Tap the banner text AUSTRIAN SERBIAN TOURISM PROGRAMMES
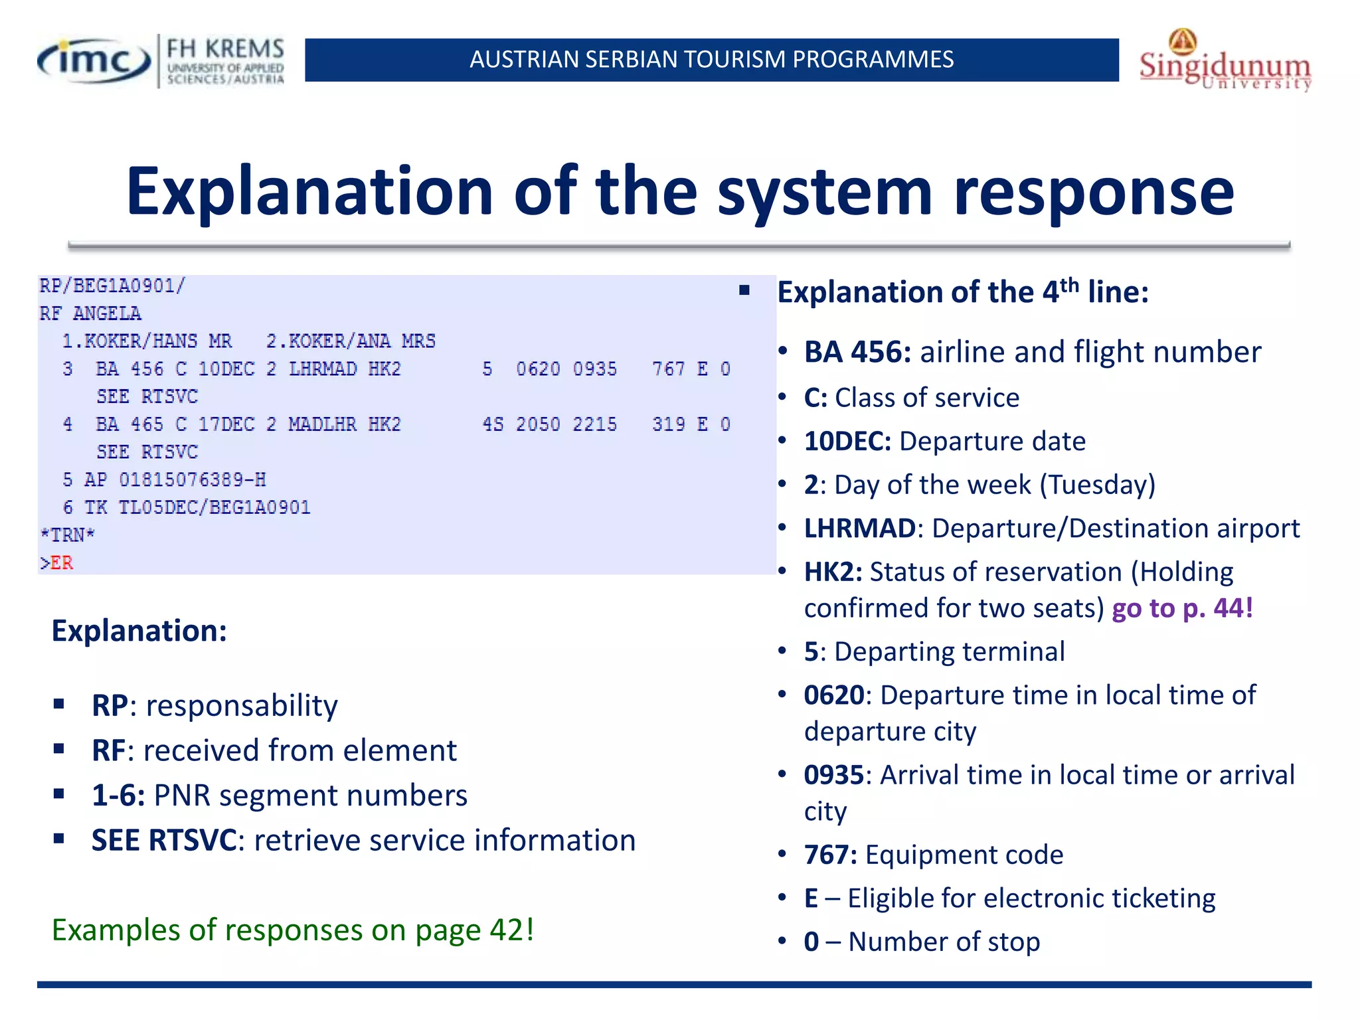[x=711, y=60]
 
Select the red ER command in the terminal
[x=61, y=563]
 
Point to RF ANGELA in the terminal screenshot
[x=90, y=313]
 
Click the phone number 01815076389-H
[x=193, y=479]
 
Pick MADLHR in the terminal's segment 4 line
[x=322, y=424]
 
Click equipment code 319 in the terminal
[x=668, y=424]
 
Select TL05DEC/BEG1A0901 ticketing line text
[x=214, y=507]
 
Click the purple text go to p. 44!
[x=1182, y=608]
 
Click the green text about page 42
[x=293, y=930]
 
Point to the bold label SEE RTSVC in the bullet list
[x=163, y=841]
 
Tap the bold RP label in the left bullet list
[x=110, y=706]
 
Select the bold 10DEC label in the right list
[x=847, y=442]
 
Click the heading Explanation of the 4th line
[x=962, y=292]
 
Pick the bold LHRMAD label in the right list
[x=860, y=529]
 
